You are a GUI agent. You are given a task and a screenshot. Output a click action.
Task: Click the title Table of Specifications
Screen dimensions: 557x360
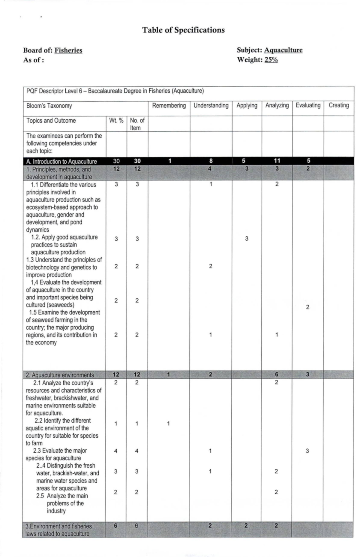[183, 30]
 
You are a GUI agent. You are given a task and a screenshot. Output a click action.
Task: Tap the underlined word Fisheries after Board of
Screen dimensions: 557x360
[68, 50]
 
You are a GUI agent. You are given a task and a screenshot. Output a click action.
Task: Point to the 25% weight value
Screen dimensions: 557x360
[271, 60]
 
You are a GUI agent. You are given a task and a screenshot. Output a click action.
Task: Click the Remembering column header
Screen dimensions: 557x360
[169, 106]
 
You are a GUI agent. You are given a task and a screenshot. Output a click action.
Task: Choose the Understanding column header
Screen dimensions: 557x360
[211, 106]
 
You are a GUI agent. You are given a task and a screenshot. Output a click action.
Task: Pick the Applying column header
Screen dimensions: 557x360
[247, 106]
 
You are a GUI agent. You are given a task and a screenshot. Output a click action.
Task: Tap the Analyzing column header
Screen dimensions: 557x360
[277, 106]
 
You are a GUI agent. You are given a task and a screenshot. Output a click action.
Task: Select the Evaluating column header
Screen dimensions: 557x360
[308, 106]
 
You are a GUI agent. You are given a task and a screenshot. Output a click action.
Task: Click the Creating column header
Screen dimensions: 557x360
[339, 106]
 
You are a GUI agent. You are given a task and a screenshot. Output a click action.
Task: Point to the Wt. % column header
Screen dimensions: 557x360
[116, 121]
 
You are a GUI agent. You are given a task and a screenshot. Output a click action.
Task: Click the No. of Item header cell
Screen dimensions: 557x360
[137, 124]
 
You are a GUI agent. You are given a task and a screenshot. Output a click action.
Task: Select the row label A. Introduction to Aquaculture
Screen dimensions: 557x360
[61, 161]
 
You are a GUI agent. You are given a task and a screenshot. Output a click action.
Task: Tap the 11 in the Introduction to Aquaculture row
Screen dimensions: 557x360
[277, 161]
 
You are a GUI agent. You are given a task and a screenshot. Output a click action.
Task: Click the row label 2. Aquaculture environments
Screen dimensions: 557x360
[60, 375]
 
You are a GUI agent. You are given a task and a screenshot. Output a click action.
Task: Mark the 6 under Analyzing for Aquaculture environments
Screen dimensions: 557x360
[277, 374]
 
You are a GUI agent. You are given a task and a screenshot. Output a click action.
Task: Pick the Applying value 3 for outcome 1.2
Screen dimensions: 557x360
[247, 239]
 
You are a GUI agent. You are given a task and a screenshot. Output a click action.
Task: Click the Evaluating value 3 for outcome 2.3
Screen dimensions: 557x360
[307, 451]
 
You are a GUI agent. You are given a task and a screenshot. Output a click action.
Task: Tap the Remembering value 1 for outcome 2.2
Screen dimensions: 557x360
[169, 424]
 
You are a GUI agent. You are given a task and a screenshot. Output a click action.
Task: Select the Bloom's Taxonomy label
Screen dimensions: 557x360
[49, 106]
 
